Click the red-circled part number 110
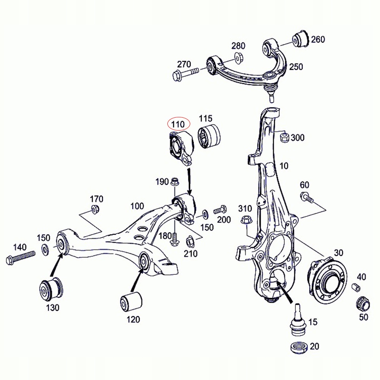pos(178,124)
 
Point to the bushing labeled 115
pos(210,136)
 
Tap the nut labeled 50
pos(362,304)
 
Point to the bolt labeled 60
pos(306,197)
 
